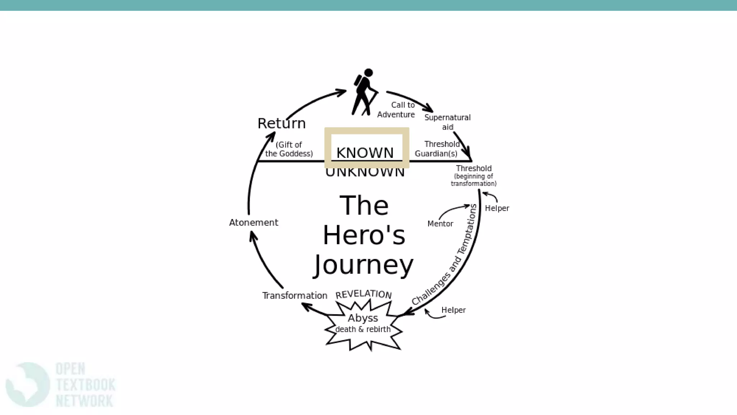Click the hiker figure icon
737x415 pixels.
[364, 92]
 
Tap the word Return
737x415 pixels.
[281, 124]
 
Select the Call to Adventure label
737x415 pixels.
[396, 110]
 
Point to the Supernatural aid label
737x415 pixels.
[447, 122]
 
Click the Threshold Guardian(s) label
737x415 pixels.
[437, 149]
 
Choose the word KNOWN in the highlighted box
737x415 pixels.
[365, 153]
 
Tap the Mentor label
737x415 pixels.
[440, 224]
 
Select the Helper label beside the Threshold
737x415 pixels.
[497, 208]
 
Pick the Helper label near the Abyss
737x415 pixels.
[453, 310]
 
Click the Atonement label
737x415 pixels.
[253, 223]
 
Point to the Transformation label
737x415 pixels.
[294, 296]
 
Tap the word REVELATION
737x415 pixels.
[363, 294]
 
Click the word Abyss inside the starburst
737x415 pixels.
[363, 318]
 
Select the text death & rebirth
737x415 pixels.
[363, 329]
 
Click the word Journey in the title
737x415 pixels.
[364, 265]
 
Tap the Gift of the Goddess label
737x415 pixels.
[289, 149]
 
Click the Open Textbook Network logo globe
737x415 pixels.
[27, 384]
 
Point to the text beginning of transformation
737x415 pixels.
[474, 180]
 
